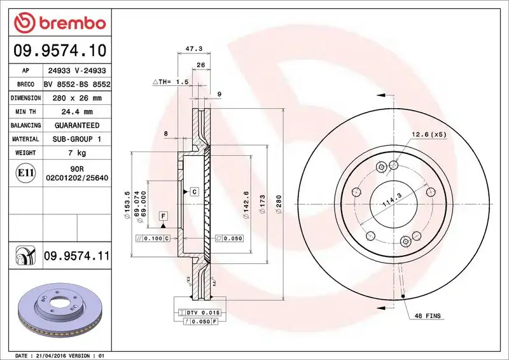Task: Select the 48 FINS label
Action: [x=428, y=316]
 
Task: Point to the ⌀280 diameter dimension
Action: [x=278, y=204]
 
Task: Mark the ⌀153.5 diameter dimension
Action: [x=127, y=203]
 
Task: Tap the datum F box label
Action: [x=164, y=216]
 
